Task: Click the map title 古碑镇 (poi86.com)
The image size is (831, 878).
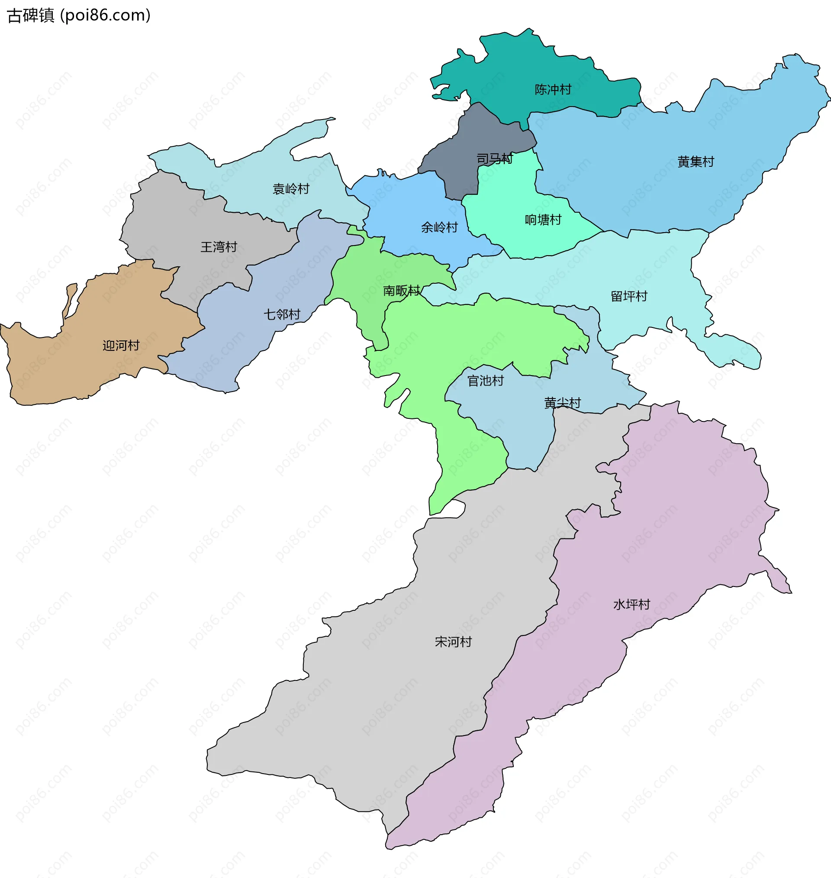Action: (x=79, y=16)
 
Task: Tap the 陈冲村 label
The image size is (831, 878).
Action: (x=553, y=90)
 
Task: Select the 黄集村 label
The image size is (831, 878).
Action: (x=696, y=162)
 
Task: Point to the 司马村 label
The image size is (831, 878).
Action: (x=494, y=159)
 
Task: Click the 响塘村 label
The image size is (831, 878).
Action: (x=543, y=220)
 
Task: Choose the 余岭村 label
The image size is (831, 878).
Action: (x=439, y=228)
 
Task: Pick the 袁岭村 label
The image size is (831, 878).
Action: (x=290, y=189)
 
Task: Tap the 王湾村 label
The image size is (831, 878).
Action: (x=219, y=247)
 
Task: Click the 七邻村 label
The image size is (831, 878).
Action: (x=282, y=314)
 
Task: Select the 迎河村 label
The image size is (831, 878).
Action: (x=121, y=346)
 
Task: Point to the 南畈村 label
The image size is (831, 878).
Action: (x=401, y=291)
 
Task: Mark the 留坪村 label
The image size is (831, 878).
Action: (x=629, y=296)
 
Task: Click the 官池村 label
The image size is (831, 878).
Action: (x=486, y=381)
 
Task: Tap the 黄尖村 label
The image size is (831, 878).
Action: (x=562, y=403)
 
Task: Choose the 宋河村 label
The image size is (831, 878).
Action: (x=453, y=642)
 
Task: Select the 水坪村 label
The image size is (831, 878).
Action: (x=631, y=605)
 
